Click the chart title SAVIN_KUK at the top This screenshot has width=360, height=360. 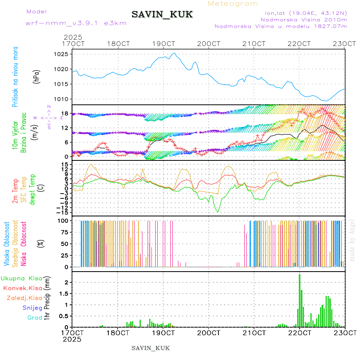coord(162,15)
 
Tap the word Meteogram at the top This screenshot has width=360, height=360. coord(233,4)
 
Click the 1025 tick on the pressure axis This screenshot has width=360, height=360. coord(64,54)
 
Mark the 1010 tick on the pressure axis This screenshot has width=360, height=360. coord(64,99)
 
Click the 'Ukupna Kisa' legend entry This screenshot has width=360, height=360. coord(22,278)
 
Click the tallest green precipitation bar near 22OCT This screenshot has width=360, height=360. coord(300,300)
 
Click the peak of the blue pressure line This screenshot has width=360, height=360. coord(174,53)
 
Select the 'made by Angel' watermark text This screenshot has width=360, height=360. coord(352,240)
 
